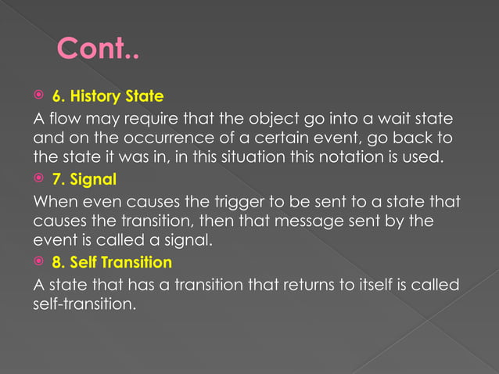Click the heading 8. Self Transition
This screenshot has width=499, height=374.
coord(121,261)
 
